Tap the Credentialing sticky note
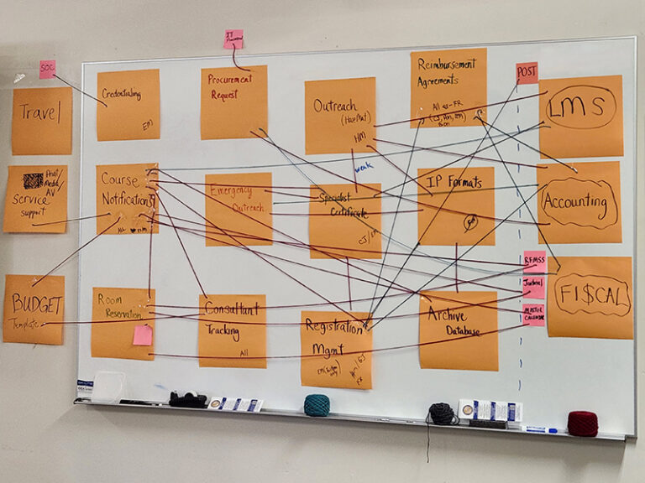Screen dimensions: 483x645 pos(128,105)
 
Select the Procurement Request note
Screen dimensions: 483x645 pos(233,102)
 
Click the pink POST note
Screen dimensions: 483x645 pos(527,73)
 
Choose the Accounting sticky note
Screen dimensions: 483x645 pos(579,202)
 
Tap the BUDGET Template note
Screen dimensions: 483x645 pos(34,309)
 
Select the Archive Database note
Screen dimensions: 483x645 pos(458,330)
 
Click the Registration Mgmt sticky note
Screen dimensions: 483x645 pos(336,348)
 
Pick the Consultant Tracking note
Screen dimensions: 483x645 pos(232,330)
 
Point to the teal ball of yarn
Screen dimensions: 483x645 pos(317,405)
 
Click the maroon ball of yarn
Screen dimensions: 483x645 pos(582,423)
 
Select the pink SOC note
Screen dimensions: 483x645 pos(47,69)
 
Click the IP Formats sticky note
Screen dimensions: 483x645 pos(456,205)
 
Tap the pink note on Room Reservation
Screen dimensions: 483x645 pos(143,335)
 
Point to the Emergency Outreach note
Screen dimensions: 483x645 pos(239,208)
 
